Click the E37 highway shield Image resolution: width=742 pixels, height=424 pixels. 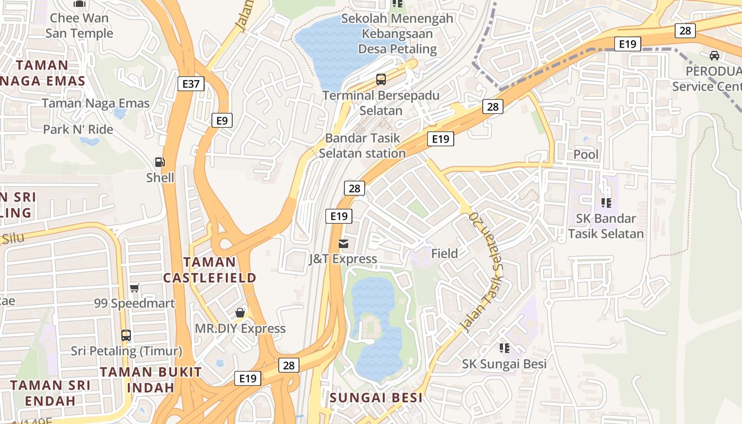[x=191, y=83]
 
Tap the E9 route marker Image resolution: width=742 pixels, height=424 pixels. [x=222, y=120]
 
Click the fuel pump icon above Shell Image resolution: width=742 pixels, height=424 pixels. [x=160, y=162]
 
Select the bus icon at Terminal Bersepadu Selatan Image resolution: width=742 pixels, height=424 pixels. [x=381, y=79]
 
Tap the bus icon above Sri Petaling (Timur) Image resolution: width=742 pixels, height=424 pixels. [x=126, y=335]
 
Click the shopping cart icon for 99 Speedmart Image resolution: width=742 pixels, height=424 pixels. [x=135, y=288]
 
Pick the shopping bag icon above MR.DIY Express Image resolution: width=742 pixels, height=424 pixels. [x=240, y=313]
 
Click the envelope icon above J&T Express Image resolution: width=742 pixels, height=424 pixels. [x=343, y=244]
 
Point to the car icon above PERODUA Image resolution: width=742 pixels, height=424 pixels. [x=714, y=55]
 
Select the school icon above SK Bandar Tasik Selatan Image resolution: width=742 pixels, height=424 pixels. [x=606, y=202]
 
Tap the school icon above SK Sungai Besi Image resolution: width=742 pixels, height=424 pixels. [x=504, y=348]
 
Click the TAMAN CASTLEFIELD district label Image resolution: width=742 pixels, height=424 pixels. [x=209, y=270]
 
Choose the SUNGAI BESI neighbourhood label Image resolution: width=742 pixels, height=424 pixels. [x=376, y=397]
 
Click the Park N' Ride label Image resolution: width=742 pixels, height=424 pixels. [x=78, y=129]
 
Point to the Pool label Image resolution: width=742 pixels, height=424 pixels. [x=586, y=155]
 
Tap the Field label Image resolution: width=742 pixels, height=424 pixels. [x=444, y=254]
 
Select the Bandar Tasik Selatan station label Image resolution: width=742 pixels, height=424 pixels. [x=363, y=146]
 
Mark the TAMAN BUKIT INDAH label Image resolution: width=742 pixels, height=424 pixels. [x=151, y=379]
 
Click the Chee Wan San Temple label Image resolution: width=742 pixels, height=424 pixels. [x=79, y=25]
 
